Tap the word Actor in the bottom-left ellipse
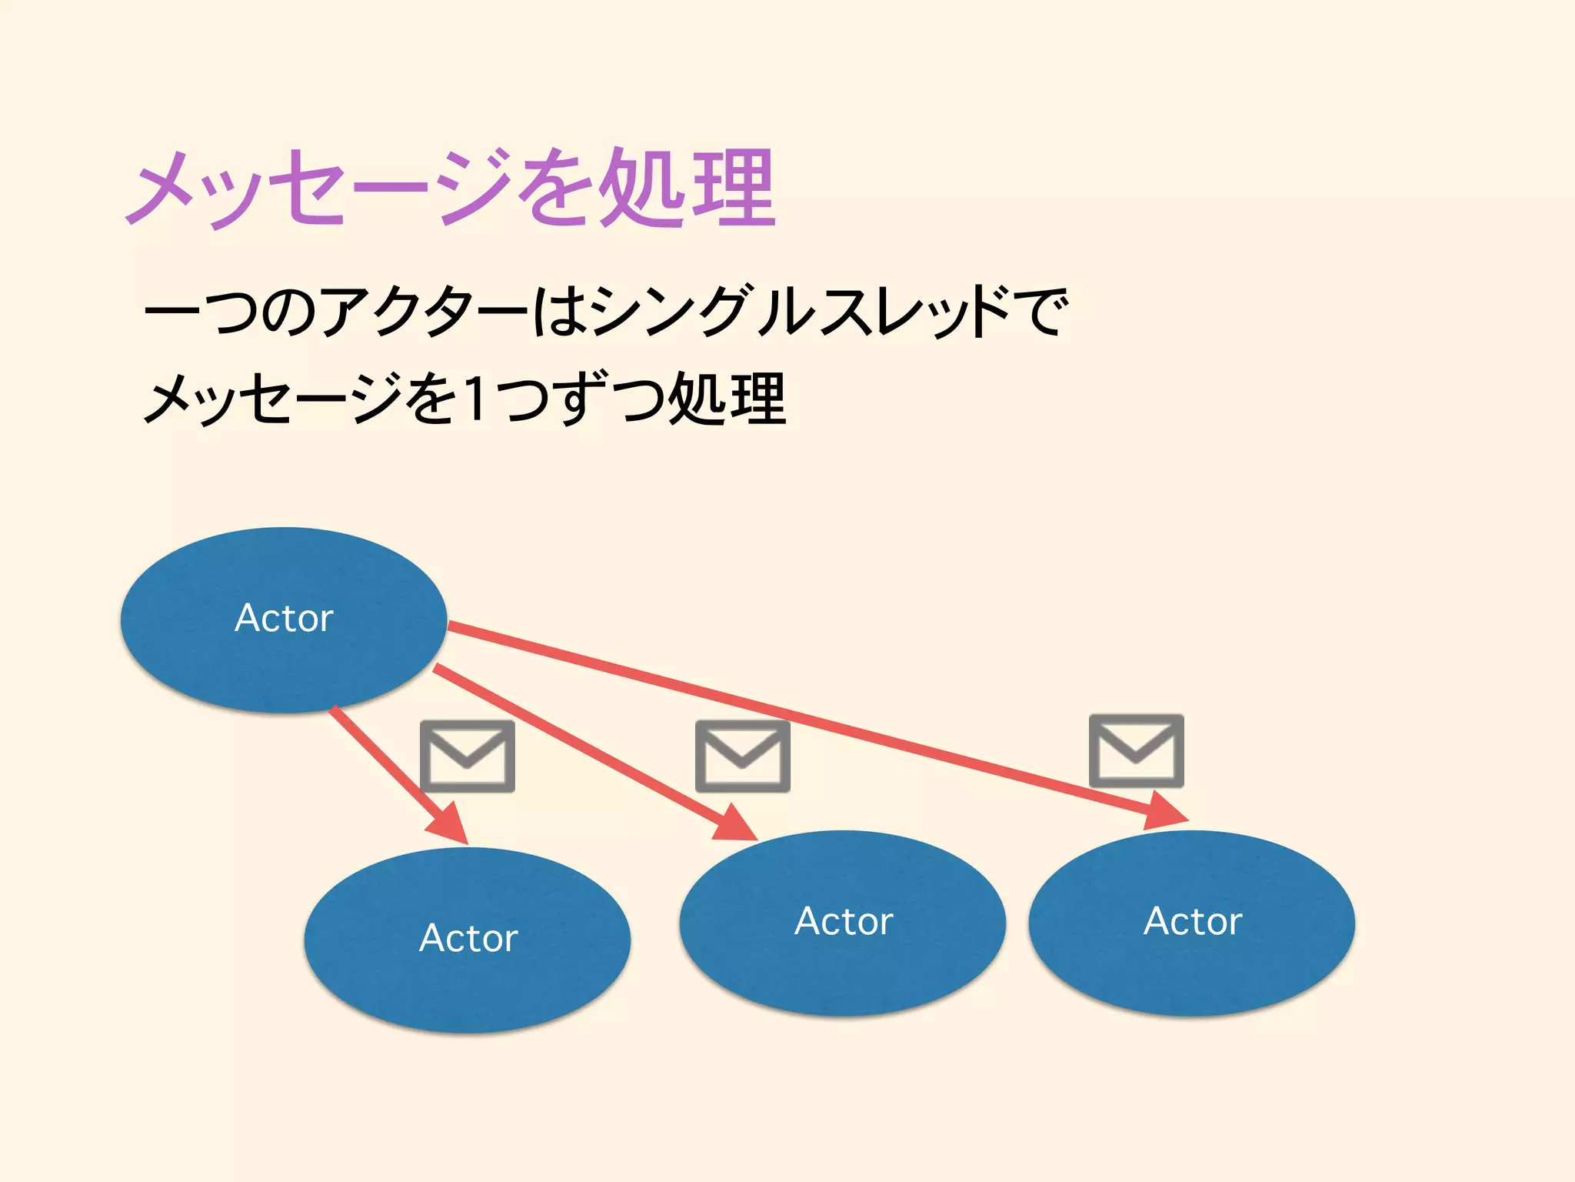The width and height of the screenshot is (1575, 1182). pos(468,938)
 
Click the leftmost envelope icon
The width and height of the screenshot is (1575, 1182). pos(468,756)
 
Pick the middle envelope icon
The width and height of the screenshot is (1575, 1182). pos(742,756)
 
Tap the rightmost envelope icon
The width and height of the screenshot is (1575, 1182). pos(1136,750)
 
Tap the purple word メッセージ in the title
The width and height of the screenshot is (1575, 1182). pos(319,189)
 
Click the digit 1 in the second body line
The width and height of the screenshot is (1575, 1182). pos(477,399)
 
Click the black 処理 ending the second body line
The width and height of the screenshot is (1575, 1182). pos(727,399)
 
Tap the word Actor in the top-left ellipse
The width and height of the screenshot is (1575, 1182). pos(284,618)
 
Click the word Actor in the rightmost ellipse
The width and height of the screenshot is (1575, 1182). pos(1192,921)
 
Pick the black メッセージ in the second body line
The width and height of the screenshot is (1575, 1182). pos(273,399)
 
